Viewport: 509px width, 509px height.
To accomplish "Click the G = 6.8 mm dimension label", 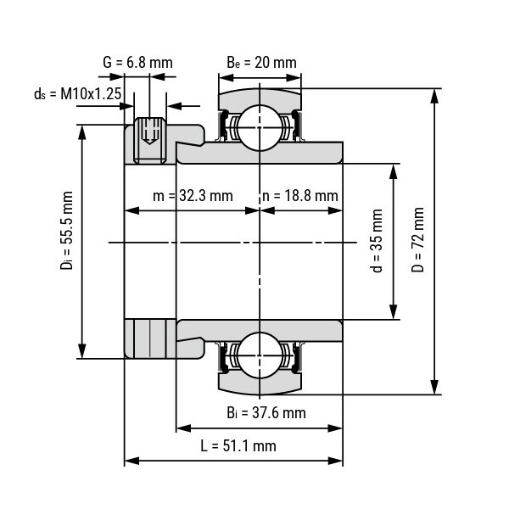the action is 137,62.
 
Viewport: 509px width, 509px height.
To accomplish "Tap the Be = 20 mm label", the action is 261,62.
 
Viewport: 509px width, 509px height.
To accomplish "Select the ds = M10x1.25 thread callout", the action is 77,94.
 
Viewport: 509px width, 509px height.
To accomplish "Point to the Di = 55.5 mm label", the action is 66,230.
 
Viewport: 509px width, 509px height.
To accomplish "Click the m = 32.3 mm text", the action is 193,196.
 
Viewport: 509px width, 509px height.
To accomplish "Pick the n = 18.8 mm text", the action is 300,196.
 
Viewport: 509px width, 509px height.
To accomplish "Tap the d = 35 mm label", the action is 376,241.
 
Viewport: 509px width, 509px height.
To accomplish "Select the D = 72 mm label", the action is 417,239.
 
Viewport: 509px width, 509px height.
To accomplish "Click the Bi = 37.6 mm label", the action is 266,413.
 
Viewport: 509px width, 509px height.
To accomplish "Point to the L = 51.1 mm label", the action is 238,445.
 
